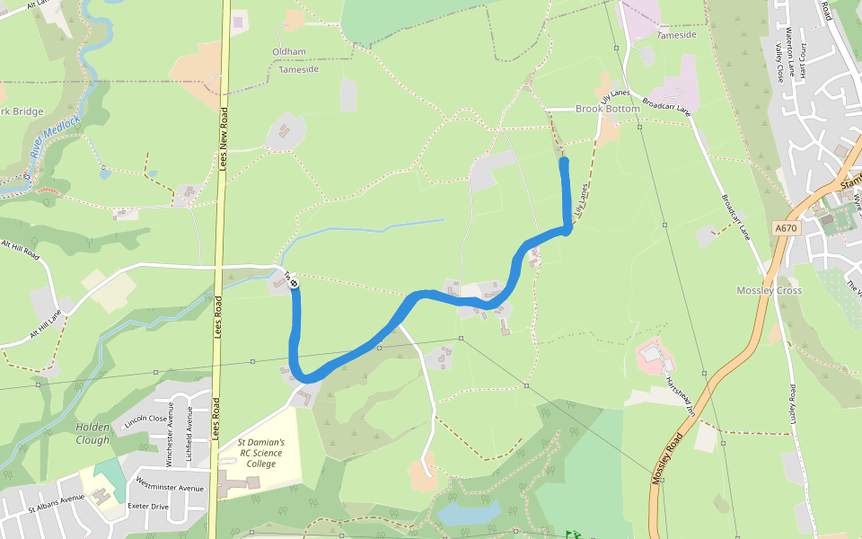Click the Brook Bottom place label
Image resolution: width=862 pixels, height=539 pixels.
[x=608, y=109]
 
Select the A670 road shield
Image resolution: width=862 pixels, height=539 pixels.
[x=786, y=228]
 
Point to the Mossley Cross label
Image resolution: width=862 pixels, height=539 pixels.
[x=769, y=290]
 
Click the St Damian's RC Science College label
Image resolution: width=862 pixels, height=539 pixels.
[x=261, y=453]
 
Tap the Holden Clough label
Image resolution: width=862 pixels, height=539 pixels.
[x=92, y=433]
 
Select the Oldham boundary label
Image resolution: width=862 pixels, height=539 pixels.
[x=289, y=52]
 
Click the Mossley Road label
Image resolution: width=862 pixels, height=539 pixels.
[x=669, y=458]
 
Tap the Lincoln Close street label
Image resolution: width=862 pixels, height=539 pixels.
[x=146, y=420]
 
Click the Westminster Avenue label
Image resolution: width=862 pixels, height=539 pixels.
[x=170, y=488]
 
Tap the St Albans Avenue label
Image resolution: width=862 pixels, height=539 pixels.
[x=56, y=502]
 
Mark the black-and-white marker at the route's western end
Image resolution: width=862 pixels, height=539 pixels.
[x=294, y=283]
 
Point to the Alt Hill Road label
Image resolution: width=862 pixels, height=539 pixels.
[x=20, y=249]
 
